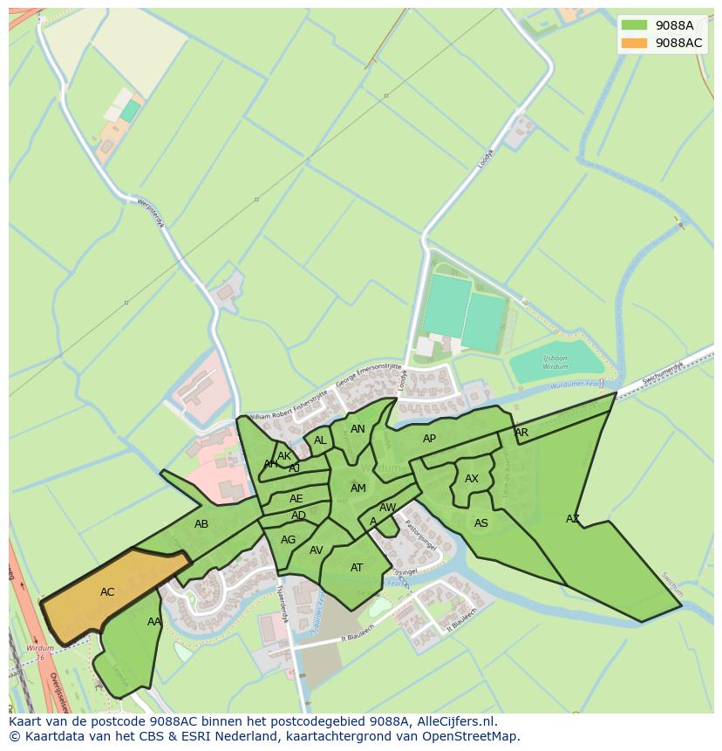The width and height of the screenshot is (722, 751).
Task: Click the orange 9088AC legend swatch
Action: [x=634, y=43]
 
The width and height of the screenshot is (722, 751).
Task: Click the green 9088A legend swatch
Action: [x=634, y=25]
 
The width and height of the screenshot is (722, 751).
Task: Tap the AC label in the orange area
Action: [x=107, y=592]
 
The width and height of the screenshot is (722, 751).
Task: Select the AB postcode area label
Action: [x=201, y=524]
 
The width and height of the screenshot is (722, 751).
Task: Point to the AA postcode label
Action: [x=153, y=622]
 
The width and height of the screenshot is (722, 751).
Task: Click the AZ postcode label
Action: [x=573, y=519]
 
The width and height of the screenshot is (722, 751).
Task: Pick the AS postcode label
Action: [x=481, y=523]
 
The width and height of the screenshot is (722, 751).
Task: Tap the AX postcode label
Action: [x=472, y=479]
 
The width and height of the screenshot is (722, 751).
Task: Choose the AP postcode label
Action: [x=429, y=439]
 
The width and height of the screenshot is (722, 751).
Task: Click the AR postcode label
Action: [x=521, y=433]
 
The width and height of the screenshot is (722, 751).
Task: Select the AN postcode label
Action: [x=358, y=429]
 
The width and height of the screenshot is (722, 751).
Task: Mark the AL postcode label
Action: [x=320, y=440]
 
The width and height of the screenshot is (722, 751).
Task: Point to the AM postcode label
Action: [x=358, y=488]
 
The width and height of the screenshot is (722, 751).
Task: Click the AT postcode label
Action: [x=357, y=568]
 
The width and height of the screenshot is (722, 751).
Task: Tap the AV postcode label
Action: [x=317, y=550]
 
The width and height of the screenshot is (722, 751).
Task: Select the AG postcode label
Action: [x=289, y=540]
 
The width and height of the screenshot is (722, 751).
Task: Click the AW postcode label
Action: [x=388, y=508]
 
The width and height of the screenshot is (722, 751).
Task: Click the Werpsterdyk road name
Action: [x=151, y=212]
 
